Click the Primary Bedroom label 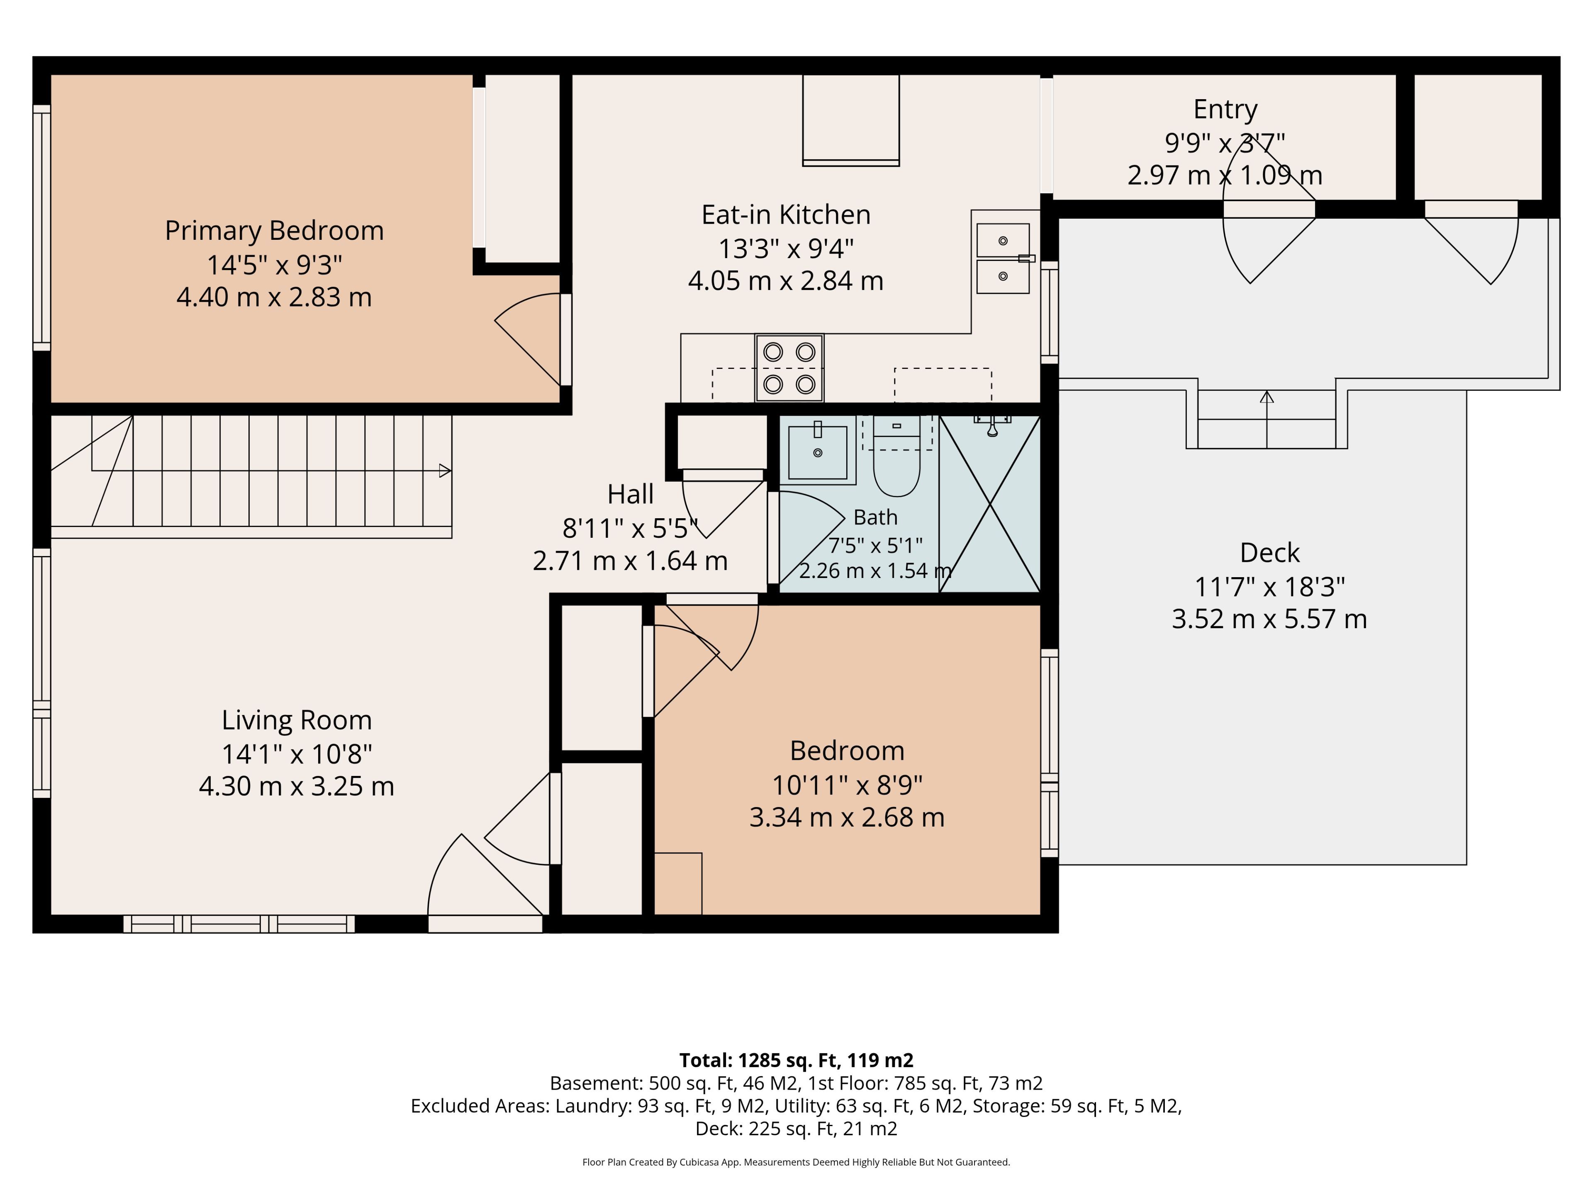(x=274, y=231)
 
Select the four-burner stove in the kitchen (x=789, y=368)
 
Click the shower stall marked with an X (x=990, y=504)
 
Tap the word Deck (x=1270, y=553)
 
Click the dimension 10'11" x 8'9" (x=847, y=784)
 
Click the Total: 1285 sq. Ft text (x=759, y=1060)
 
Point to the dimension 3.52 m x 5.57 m (x=1270, y=619)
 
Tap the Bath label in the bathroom (x=876, y=517)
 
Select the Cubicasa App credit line (x=796, y=1162)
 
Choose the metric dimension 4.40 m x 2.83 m (x=274, y=297)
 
